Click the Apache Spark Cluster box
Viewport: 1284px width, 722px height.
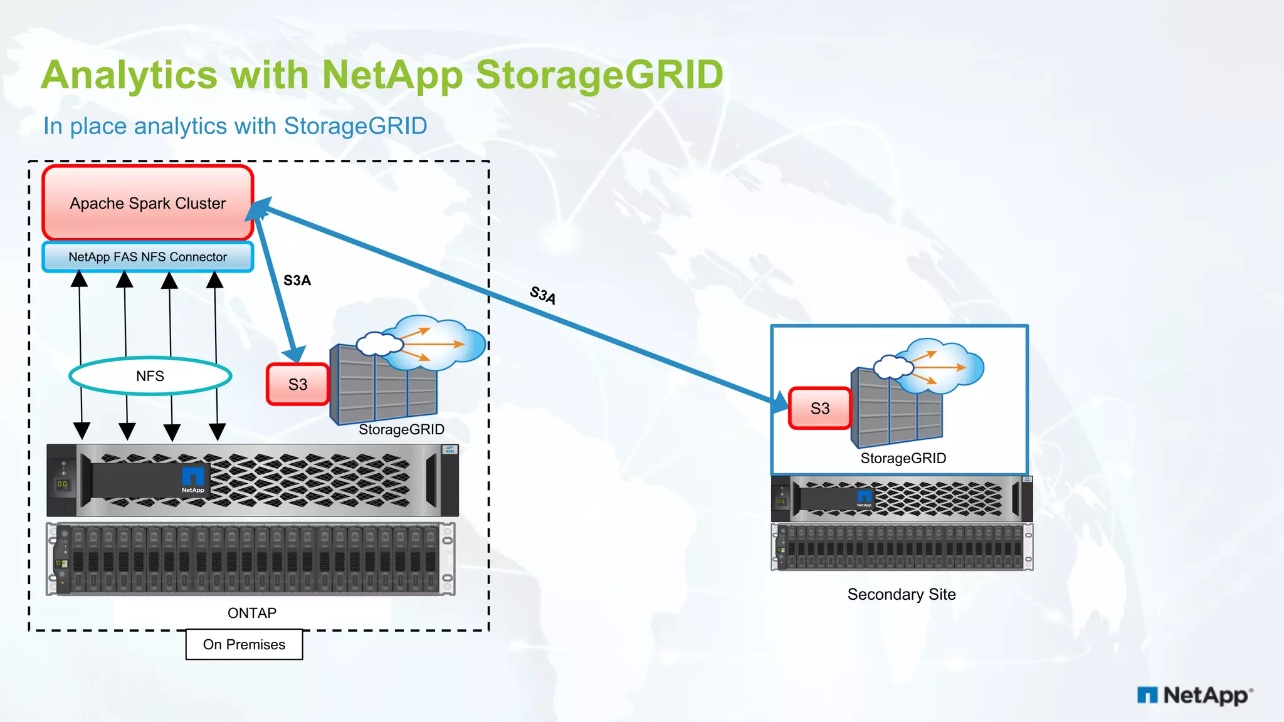[x=148, y=202]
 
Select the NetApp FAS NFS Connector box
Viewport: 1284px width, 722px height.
[x=148, y=257]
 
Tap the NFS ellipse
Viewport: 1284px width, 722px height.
[x=150, y=376]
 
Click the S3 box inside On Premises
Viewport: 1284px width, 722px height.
[x=298, y=384]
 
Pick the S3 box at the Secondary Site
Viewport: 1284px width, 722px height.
[x=819, y=409]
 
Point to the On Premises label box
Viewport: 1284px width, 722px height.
[x=244, y=644]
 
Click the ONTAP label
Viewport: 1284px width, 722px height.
[x=251, y=613]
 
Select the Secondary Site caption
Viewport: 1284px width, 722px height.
[x=901, y=594]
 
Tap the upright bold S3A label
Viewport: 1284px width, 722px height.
[x=297, y=280]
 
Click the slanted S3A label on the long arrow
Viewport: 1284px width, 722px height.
[x=543, y=295]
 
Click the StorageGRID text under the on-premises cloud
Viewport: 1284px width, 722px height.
[x=401, y=429]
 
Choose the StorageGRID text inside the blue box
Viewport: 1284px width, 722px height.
[x=903, y=458]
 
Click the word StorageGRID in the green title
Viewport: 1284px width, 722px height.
[x=599, y=75]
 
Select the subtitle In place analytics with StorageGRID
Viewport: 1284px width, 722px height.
[x=235, y=126]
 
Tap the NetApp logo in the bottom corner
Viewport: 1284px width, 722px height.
[x=1195, y=695]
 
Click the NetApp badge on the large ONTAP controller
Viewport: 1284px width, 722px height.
[x=193, y=480]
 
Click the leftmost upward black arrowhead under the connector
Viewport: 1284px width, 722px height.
[x=79, y=278]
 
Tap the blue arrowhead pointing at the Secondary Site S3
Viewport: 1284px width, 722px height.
[x=780, y=402]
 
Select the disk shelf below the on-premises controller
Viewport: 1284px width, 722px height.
[x=251, y=559]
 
